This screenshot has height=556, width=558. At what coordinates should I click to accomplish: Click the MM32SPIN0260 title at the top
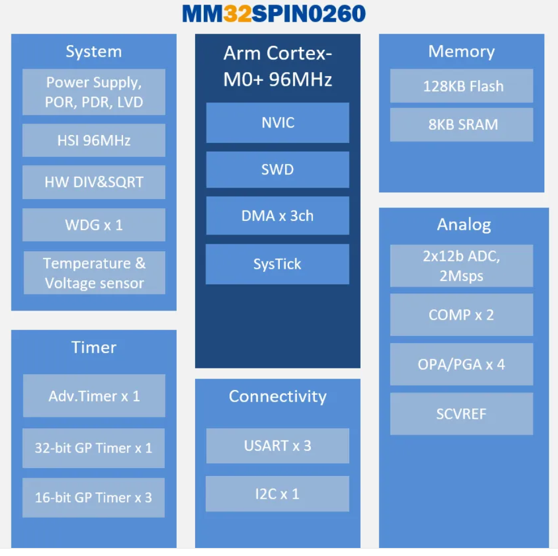coord(274,14)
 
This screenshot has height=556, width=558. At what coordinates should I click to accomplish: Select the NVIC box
coord(278,122)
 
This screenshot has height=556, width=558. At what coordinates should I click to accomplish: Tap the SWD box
coord(278,169)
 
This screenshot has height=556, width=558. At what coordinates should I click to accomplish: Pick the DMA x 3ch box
coord(278,216)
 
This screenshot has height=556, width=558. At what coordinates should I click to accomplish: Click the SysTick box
coord(278,264)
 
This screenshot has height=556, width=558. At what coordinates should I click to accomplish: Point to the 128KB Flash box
coord(462,86)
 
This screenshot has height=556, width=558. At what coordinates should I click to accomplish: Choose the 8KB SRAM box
coord(462,125)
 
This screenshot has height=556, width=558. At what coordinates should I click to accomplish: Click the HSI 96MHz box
coord(94,140)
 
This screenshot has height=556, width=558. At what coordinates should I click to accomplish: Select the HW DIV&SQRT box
coord(94,182)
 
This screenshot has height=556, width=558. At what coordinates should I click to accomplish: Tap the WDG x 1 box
coord(94,225)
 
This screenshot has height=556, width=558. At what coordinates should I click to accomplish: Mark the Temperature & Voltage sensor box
coord(94,273)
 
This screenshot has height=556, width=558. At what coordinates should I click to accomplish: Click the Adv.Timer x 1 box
coord(94,396)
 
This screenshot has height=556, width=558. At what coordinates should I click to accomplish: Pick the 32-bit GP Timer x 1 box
coord(94,448)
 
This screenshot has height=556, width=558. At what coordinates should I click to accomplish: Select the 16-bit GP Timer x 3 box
coord(94,498)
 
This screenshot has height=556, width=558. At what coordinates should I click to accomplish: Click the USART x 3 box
coord(278,446)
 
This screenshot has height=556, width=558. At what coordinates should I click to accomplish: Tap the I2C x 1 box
coord(278,494)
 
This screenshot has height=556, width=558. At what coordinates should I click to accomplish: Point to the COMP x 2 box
coord(462,315)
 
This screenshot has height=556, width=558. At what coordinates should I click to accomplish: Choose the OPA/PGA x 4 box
coord(462,364)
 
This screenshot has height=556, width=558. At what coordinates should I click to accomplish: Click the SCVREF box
coord(462,414)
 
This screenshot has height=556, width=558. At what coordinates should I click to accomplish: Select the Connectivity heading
coord(278,396)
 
